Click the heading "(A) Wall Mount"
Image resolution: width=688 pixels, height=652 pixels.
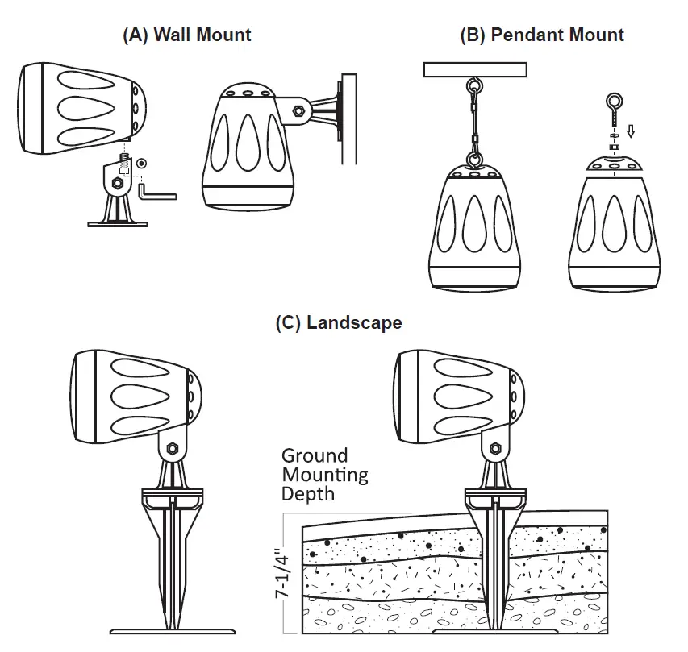186,35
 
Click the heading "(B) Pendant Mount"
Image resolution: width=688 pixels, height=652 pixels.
541,35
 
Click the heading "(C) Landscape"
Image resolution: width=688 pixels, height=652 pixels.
339,323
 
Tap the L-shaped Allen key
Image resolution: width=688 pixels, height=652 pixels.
156,193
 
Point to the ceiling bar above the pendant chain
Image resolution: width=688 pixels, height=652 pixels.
474,70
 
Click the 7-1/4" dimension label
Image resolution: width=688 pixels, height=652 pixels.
281,571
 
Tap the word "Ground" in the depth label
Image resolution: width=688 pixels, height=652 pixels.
314,456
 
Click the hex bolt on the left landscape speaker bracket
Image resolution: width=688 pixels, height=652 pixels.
171,448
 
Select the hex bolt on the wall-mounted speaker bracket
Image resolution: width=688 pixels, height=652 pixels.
297,111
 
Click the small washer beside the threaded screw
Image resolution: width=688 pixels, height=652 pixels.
142,164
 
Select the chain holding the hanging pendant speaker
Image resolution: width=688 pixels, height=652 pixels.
474,121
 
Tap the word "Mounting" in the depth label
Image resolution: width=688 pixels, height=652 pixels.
324,474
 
